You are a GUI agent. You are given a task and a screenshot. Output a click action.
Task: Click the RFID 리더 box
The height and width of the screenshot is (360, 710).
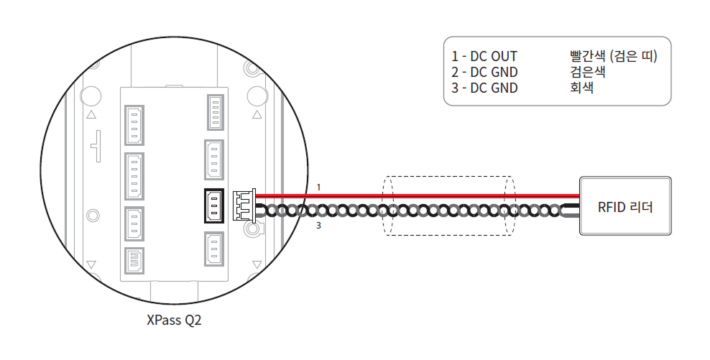pos(624,207)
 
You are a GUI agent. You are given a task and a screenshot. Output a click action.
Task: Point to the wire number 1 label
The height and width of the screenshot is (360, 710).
pos(318,187)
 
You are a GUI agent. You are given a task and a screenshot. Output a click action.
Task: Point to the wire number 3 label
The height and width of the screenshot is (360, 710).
pos(318,226)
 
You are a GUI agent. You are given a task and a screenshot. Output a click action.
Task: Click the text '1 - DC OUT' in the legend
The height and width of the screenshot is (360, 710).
pos(484,56)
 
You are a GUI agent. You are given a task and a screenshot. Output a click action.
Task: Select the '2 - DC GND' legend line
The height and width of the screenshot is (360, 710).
pos(484,72)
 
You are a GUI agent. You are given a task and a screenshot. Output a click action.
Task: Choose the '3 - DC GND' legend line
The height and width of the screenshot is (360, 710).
pos(484,88)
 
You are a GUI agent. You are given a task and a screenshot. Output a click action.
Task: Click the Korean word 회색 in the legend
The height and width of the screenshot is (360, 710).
pos(581,88)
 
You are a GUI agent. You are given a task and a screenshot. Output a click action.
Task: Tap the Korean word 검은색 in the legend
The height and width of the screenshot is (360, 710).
pos(586,72)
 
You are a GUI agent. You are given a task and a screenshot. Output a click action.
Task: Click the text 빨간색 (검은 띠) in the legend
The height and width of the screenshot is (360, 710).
pos(612,56)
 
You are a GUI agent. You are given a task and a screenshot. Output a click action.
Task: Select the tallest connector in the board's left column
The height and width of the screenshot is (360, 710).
pos(134,175)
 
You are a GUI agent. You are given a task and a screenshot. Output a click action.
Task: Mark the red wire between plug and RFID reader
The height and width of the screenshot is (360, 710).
pos(431,195)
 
